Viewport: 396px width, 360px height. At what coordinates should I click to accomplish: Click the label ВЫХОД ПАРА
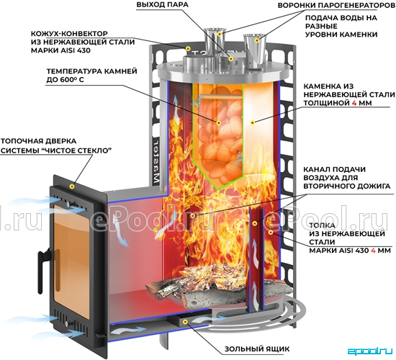tap(163, 5)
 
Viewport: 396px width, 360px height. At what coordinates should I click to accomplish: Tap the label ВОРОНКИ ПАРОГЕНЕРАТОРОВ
tap(337, 5)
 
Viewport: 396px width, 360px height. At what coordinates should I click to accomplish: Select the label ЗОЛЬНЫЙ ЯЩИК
tap(257, 349)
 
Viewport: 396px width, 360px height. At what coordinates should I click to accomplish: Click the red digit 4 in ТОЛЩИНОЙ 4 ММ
tap(354, 103)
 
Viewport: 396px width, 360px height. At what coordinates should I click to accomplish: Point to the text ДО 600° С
tap(65, 80)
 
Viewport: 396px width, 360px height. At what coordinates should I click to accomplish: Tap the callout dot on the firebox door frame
tap(72, 186)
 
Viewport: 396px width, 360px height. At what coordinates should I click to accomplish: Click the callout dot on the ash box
tap(185, 322)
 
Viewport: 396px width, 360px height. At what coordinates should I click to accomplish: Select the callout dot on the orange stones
tap(219, 123)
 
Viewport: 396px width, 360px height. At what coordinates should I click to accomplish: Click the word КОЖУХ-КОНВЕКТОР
tap(69, 34)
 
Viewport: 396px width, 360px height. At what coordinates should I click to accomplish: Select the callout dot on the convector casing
tap(188, 48)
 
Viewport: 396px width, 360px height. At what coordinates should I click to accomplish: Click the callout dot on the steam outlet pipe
tap(230, 59)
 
